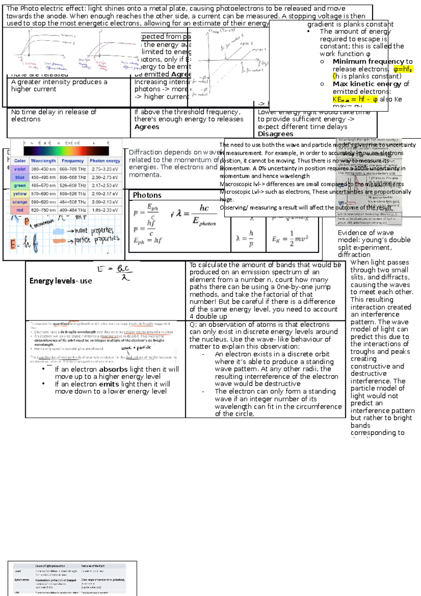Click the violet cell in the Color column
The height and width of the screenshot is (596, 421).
tap(20, 169)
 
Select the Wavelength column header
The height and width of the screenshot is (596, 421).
tap(43, 161)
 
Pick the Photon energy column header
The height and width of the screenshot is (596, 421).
tap(105, 161)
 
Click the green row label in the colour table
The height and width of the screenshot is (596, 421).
tap(20, 185)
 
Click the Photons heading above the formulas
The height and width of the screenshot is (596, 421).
tap(147, 195)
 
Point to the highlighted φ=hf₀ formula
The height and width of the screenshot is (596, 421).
tap(403, 69)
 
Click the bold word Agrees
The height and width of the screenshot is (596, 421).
tap(147, 127)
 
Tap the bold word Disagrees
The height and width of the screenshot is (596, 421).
tap(275, 134)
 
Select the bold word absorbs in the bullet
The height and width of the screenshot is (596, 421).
tap(113, 369)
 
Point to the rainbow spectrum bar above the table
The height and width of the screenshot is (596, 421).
tap(66, 151)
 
